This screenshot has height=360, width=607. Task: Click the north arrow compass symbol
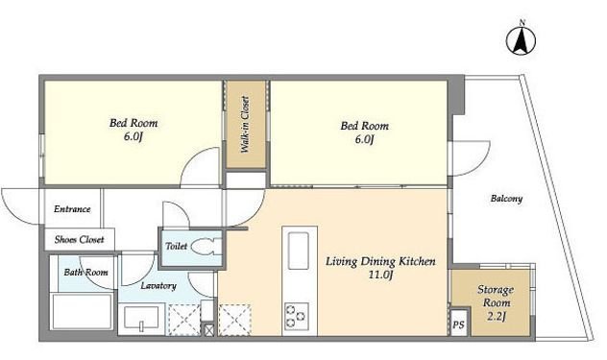click(522, 40)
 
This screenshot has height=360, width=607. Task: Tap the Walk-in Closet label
click(245, 124)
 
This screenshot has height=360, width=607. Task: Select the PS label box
click(459, 324)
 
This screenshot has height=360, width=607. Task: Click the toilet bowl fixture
click(206, 246)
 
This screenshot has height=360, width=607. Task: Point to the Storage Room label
click(496, 296)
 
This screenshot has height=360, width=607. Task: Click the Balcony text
click(506, 199)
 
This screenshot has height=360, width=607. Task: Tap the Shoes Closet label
click(80, 240)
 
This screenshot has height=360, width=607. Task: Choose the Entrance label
click(72, 209)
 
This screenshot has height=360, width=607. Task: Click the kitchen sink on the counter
click(299, 251)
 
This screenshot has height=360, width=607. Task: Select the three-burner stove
click(297, 316)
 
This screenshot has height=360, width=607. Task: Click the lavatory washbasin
click(141, 318)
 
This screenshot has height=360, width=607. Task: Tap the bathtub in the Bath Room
click(82, 312)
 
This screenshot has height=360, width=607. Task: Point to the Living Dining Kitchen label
click(380, 261)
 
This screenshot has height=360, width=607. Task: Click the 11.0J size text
click(380, 276)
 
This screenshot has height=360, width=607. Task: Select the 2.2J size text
click(496, 317)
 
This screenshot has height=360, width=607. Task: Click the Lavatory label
click(158, 286)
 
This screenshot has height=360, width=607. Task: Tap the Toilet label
click(176, 246)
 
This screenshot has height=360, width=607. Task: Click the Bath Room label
click(85, 272)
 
